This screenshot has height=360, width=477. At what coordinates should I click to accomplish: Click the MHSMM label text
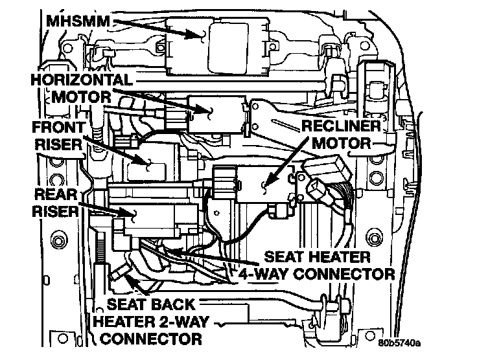tap(78, 21)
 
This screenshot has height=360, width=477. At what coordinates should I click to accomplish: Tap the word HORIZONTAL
tap(82, 80)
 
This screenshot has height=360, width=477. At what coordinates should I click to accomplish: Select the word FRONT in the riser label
tap(59, 128)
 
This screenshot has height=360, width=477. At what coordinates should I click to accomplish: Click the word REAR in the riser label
tap(56, 194)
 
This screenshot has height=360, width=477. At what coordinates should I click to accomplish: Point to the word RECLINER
tap(341, 126)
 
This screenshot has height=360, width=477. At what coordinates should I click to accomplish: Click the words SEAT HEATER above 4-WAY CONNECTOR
tap(317, 257)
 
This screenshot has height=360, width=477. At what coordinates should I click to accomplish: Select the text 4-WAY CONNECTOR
tap(316, 275)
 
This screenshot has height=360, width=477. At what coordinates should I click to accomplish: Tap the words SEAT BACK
tap(151, 304)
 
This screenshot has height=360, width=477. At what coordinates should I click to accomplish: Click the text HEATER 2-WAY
tap(151, 322)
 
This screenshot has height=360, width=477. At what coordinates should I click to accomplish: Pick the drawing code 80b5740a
tap(399, 343)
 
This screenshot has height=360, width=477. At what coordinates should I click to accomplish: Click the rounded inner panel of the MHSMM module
tap(228, 48)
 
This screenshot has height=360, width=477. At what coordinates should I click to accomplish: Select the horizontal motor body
tap(216, 114)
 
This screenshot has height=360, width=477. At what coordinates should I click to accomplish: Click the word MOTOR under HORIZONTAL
tap(81, 97)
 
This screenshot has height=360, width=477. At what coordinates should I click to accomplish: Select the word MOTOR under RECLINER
tap(342, 143)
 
